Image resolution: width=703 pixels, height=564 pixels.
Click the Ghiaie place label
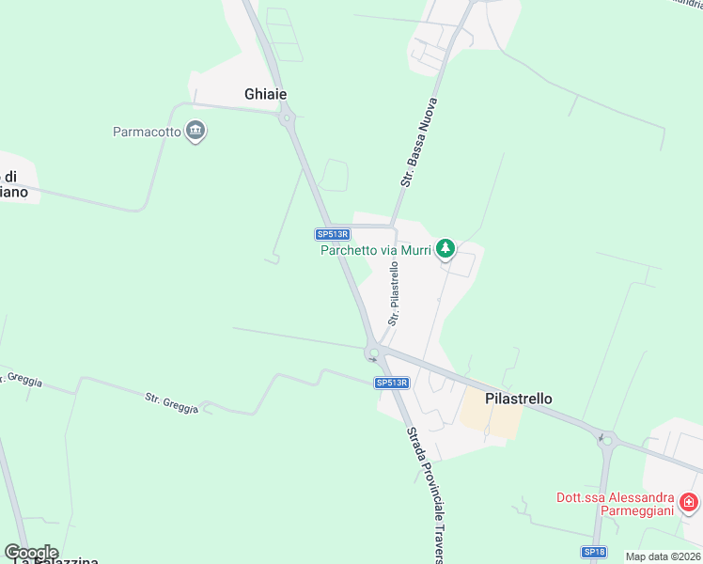[265, 94]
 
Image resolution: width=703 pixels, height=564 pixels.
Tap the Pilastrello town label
[518, 399]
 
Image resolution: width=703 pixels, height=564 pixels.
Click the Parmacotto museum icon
[196, 131]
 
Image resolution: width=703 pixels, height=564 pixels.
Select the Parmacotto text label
[147, 132]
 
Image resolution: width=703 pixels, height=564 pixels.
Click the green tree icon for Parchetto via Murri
[446, 249]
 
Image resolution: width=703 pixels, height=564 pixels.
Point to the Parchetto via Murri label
[375, 250]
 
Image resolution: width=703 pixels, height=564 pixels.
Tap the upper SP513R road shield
[333, 234]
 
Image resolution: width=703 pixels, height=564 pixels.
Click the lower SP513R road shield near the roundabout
[392, 383]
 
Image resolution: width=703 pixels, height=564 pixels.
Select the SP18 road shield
[593, 552]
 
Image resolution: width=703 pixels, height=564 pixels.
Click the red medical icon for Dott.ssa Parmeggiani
[689, 504]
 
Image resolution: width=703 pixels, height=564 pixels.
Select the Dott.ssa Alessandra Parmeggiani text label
[615, 504]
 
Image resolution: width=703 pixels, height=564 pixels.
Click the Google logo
[31, 553]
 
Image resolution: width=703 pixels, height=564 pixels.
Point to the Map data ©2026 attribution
[664, 556]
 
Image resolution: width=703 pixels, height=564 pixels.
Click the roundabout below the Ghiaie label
[286, 117]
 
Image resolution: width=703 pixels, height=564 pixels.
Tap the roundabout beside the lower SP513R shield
[374, 354]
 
